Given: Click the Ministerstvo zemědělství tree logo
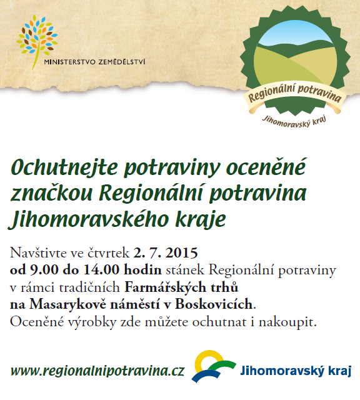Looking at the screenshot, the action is click(37, 41).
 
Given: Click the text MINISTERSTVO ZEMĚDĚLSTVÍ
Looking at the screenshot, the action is click(94, 62).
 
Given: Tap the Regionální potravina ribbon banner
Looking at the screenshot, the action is click(294, 97).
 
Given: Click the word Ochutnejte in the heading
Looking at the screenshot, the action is click(64, 168).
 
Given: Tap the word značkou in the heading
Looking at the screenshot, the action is click(51, 193).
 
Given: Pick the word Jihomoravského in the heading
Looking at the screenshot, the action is click(89, 219).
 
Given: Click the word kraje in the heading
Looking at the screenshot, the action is click(201, 219).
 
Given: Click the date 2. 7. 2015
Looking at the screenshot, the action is click(166, 252).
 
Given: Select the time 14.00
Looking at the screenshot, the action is click(101, 270).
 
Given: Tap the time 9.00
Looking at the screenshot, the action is click(44, 270).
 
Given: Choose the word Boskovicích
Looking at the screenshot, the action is click(214, 304).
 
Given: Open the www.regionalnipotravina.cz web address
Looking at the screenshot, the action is click(97, 371).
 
